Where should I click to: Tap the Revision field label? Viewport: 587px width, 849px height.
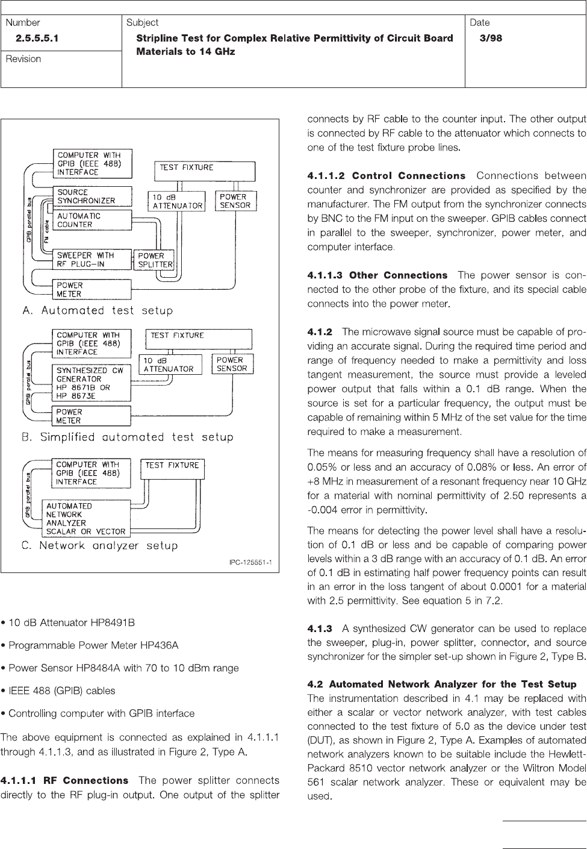(x=23, y=59)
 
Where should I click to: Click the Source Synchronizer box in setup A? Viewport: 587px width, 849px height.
(x=92, y=196)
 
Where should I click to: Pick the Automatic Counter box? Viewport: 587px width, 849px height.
(x=92, y=220)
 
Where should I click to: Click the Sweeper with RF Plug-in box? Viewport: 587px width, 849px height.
(x=92, y=259)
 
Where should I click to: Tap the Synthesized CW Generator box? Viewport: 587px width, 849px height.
(x=92, y=383)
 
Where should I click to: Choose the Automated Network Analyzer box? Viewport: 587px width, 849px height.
(x=85, y=519)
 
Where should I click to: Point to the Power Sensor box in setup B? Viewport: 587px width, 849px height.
(x=232, y=365)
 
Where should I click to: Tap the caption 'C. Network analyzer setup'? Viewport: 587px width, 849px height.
(x=99, y=546)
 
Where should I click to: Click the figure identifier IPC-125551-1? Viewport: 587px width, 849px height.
(x=250, y=563)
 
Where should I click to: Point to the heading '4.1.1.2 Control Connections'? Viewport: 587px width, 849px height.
(x=386, y=176)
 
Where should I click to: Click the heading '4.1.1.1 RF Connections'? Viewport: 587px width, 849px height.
(x=65, y=780)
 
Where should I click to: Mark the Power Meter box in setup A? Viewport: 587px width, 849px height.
(x=92, y=290)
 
